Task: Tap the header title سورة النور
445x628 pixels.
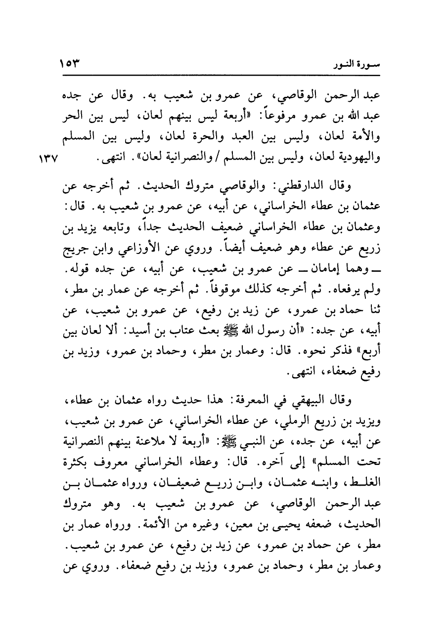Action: point(362,64)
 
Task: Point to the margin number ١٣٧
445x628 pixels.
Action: point(48,161)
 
